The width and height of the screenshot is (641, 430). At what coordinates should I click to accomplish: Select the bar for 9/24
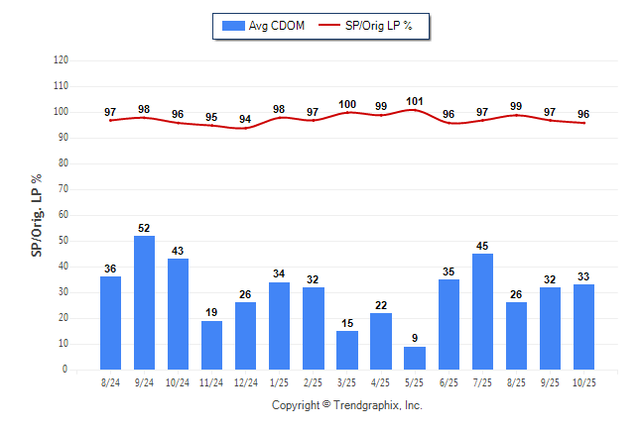pos(144,302)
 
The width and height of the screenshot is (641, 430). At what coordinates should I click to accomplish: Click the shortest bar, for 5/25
pos(415,358)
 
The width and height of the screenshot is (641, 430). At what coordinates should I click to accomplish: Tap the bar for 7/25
pos(483,311)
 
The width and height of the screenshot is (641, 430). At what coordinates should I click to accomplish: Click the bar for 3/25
pos(347,350)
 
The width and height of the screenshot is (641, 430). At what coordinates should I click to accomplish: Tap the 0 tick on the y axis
pos(64,370)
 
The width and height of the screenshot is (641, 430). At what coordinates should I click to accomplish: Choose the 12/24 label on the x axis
pos(245,381)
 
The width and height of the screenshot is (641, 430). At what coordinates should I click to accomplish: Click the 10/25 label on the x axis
pos(584,381)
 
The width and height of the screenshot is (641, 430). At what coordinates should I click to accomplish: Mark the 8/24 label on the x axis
pos(110,381)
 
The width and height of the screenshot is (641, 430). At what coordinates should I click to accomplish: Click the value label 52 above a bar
pos(144,229)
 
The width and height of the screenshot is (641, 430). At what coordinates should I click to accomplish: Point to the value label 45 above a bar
pos(483,247)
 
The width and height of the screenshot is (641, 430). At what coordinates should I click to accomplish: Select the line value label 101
pos(415,101)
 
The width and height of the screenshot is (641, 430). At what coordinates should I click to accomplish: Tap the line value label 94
pos(245,119)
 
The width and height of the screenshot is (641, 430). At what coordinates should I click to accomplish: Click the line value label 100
pos(347,104)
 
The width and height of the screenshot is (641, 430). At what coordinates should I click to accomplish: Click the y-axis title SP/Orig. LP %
pos(37,214)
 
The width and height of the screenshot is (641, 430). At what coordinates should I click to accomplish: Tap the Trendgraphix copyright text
pos(347,405)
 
